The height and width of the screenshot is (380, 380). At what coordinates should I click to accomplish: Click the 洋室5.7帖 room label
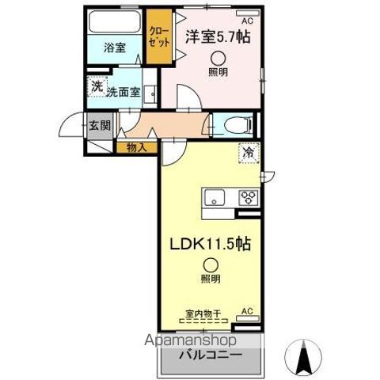click(x=213, y=36)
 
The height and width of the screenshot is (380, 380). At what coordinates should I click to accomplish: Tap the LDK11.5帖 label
click(x=209, y=245)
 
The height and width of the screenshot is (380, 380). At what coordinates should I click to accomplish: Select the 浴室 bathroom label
click(x=115, y=47)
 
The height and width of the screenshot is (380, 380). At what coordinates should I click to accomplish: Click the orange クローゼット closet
click(x=158, y=36)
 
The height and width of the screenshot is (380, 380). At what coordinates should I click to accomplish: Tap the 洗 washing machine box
click(x=97, y=86)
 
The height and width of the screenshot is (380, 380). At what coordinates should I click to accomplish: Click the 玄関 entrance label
click(x=99, y=124)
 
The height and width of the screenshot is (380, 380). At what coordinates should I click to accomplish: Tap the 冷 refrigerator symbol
click(x=248, y=153)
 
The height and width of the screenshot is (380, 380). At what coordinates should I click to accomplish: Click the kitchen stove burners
click(x=248, y=197)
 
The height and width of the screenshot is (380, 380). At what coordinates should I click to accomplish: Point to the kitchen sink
click(x=215, y=197)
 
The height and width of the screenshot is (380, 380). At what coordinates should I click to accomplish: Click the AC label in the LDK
click(x=246, y=310)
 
